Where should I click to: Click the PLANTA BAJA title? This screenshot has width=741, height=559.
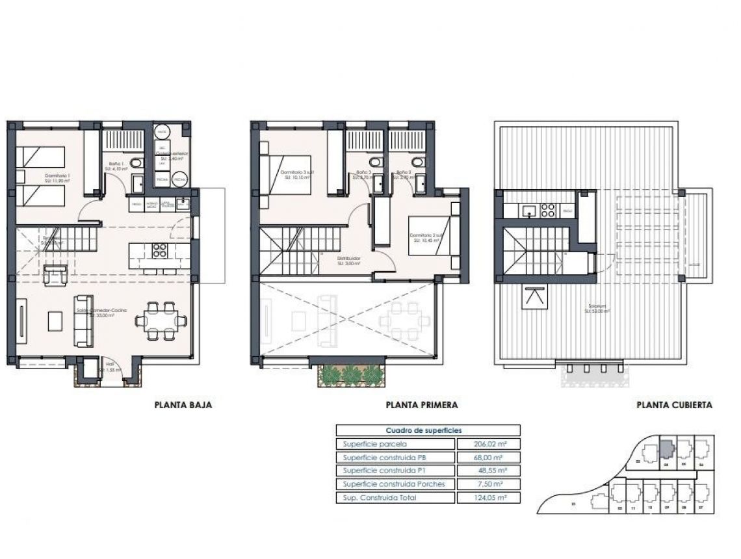[183, 405]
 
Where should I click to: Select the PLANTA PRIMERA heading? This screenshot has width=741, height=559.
[422, 405]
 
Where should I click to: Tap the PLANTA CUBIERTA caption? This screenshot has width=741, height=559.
[673, 405]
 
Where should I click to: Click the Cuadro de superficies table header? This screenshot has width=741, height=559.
[428, 430]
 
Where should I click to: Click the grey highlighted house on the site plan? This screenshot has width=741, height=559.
[667, 449]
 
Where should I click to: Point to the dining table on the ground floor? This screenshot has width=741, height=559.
[161, 320]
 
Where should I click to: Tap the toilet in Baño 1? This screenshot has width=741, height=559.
[136, 162]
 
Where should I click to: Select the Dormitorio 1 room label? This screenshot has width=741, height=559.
[57, 176]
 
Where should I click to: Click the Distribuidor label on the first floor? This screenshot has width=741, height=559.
[348, 259]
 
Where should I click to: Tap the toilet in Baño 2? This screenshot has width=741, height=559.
[417, 162]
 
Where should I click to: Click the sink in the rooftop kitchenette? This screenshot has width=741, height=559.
[530, 210]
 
